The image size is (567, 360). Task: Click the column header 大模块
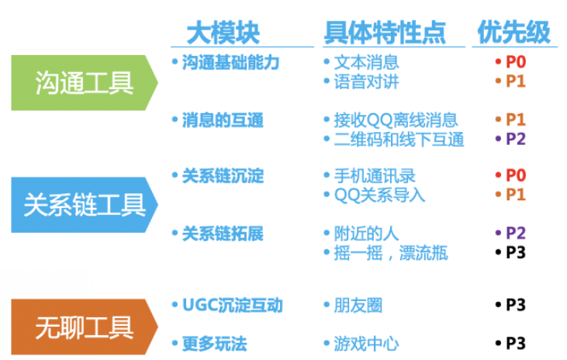223,32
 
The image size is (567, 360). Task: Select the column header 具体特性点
385,32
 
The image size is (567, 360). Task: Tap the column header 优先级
513,32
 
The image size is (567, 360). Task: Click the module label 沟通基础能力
230,62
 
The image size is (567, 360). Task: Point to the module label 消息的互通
222,120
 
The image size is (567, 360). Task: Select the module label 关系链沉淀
222,176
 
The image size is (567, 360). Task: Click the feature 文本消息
366,62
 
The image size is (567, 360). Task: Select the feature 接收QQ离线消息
396,120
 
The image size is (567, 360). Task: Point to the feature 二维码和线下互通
399,140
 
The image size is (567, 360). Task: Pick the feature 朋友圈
358,305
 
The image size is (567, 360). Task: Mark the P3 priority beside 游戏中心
515,343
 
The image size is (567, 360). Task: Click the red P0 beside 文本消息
515,62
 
